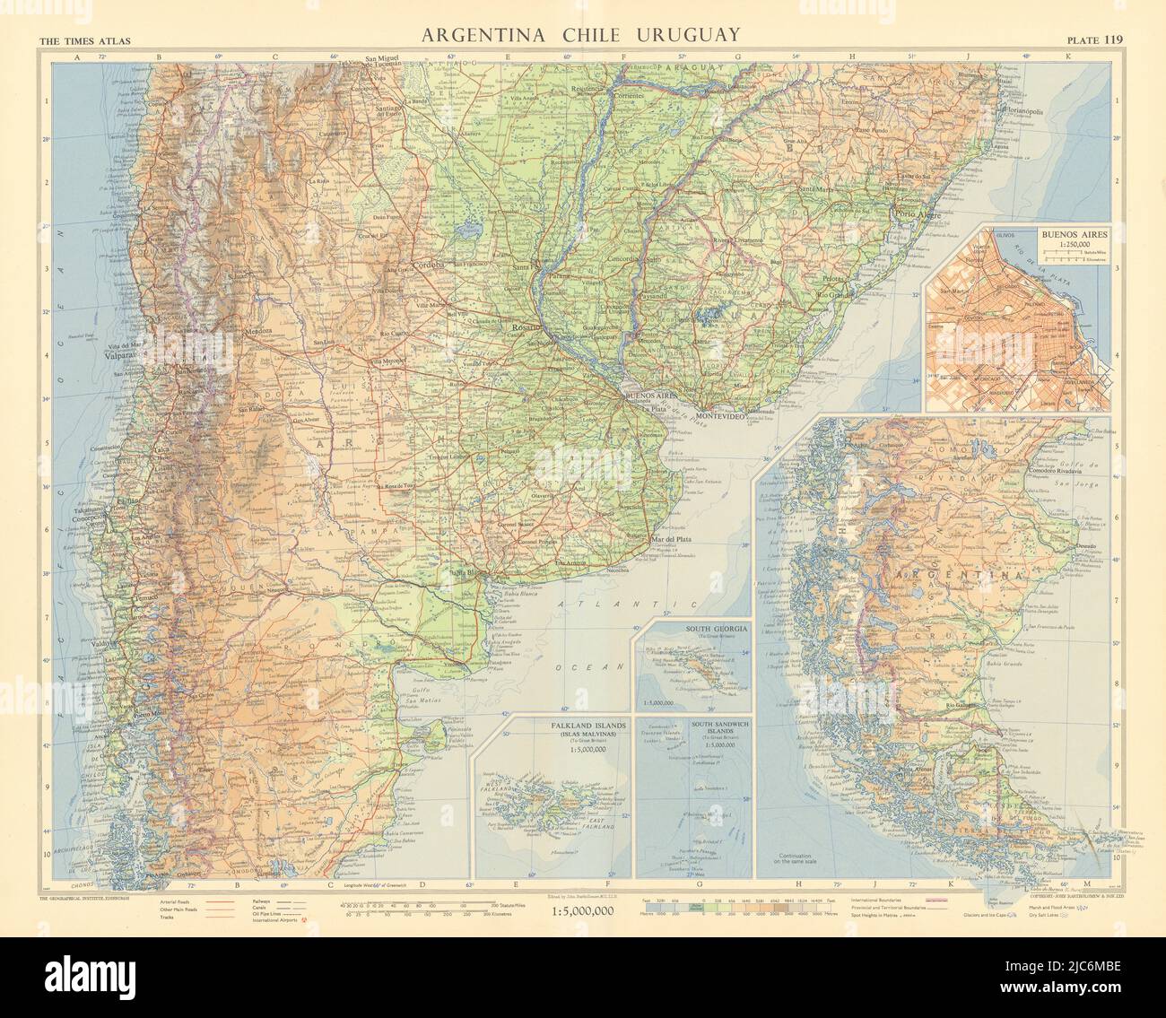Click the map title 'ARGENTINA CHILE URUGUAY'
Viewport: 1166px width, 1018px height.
(x=581, y=34)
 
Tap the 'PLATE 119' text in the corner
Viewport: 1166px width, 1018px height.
(x=1094, y=39)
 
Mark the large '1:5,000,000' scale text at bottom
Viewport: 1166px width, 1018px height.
(x=580, y=911)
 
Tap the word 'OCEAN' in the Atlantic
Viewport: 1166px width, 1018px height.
(x=581, y=666)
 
